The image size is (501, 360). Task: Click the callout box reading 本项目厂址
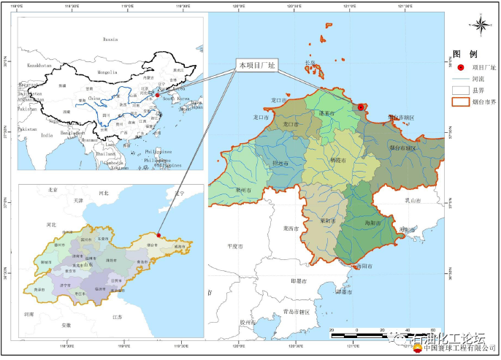257,65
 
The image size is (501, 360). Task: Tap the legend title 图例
464,55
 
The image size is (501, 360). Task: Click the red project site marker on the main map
361,107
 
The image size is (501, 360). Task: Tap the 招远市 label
281,164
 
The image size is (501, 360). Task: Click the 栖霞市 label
337,159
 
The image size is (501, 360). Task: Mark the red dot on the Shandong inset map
159,235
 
